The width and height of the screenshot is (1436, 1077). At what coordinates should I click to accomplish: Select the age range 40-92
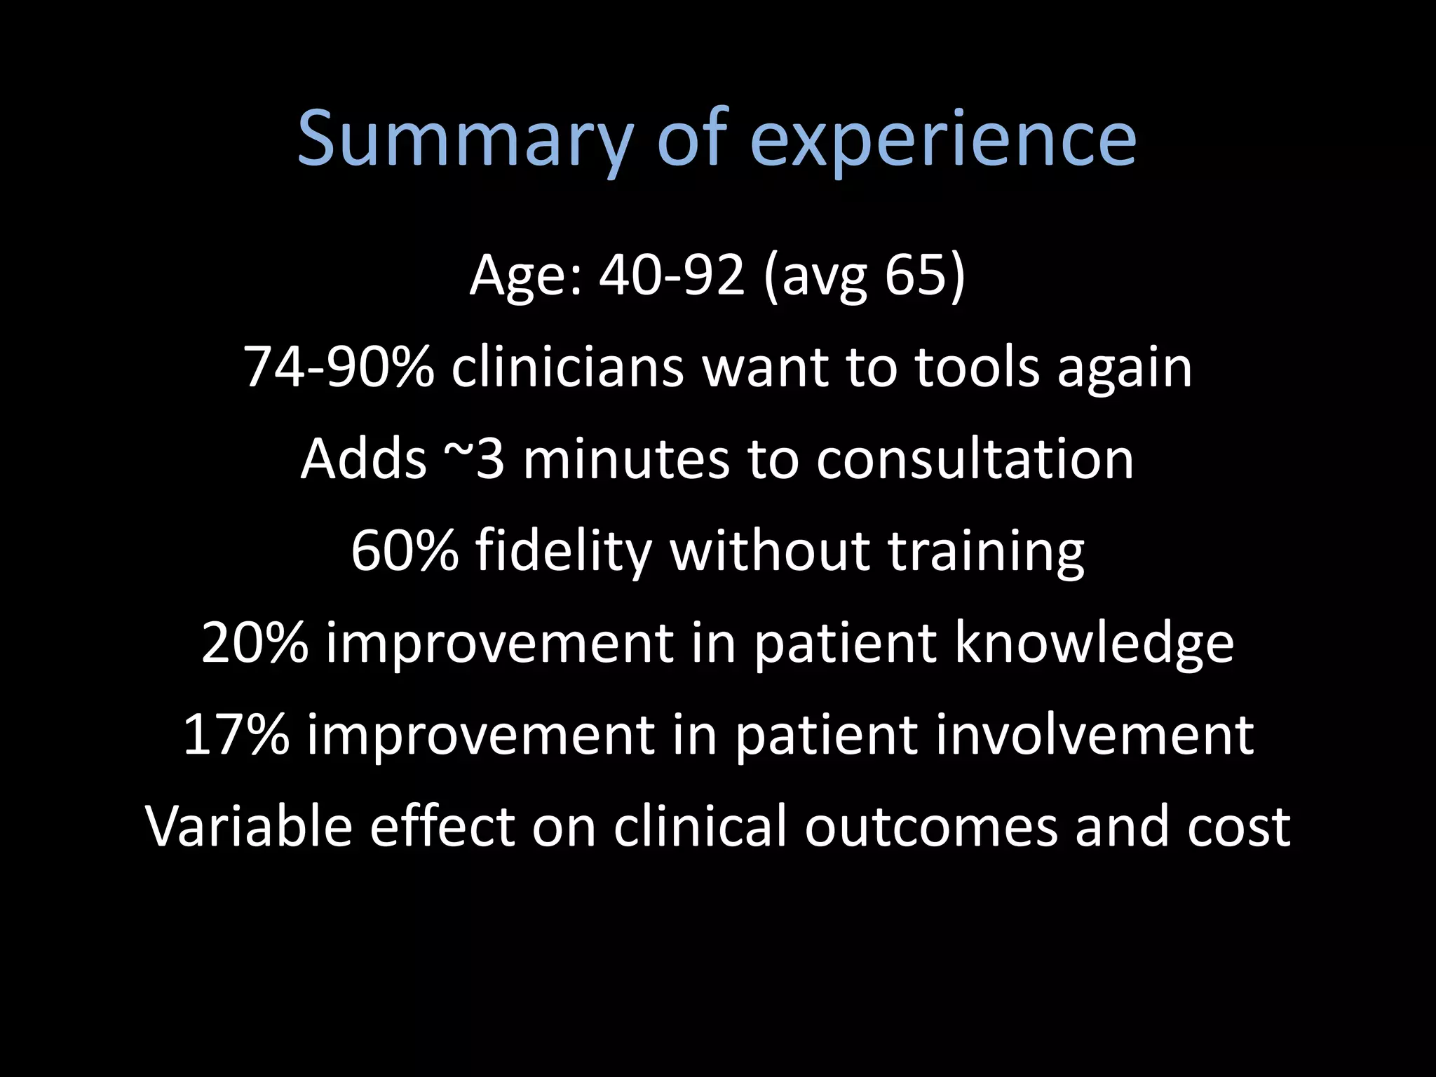click(x=671, y=275)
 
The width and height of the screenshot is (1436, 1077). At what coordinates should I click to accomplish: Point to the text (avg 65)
click(x=865, y=275)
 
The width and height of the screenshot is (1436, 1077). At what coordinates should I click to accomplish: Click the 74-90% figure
click(x=339, y=367)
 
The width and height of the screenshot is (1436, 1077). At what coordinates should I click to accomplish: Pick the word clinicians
click(x=567, y=367)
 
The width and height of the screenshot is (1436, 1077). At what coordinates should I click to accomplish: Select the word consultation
click(x=975, y=459)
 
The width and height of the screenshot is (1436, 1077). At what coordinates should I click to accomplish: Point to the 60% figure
click(x=405, y=551)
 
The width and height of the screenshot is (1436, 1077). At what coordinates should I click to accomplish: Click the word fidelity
click(x=564, y=551)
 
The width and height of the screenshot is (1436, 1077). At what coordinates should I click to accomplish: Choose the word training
click(x=987, y=551)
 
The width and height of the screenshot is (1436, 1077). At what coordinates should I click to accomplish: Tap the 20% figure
click(x=255, y=643)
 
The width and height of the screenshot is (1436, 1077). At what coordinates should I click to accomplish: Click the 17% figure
click(x=236, y=735)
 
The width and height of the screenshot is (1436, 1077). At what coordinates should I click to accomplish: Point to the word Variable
click(x=249, y=827)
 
